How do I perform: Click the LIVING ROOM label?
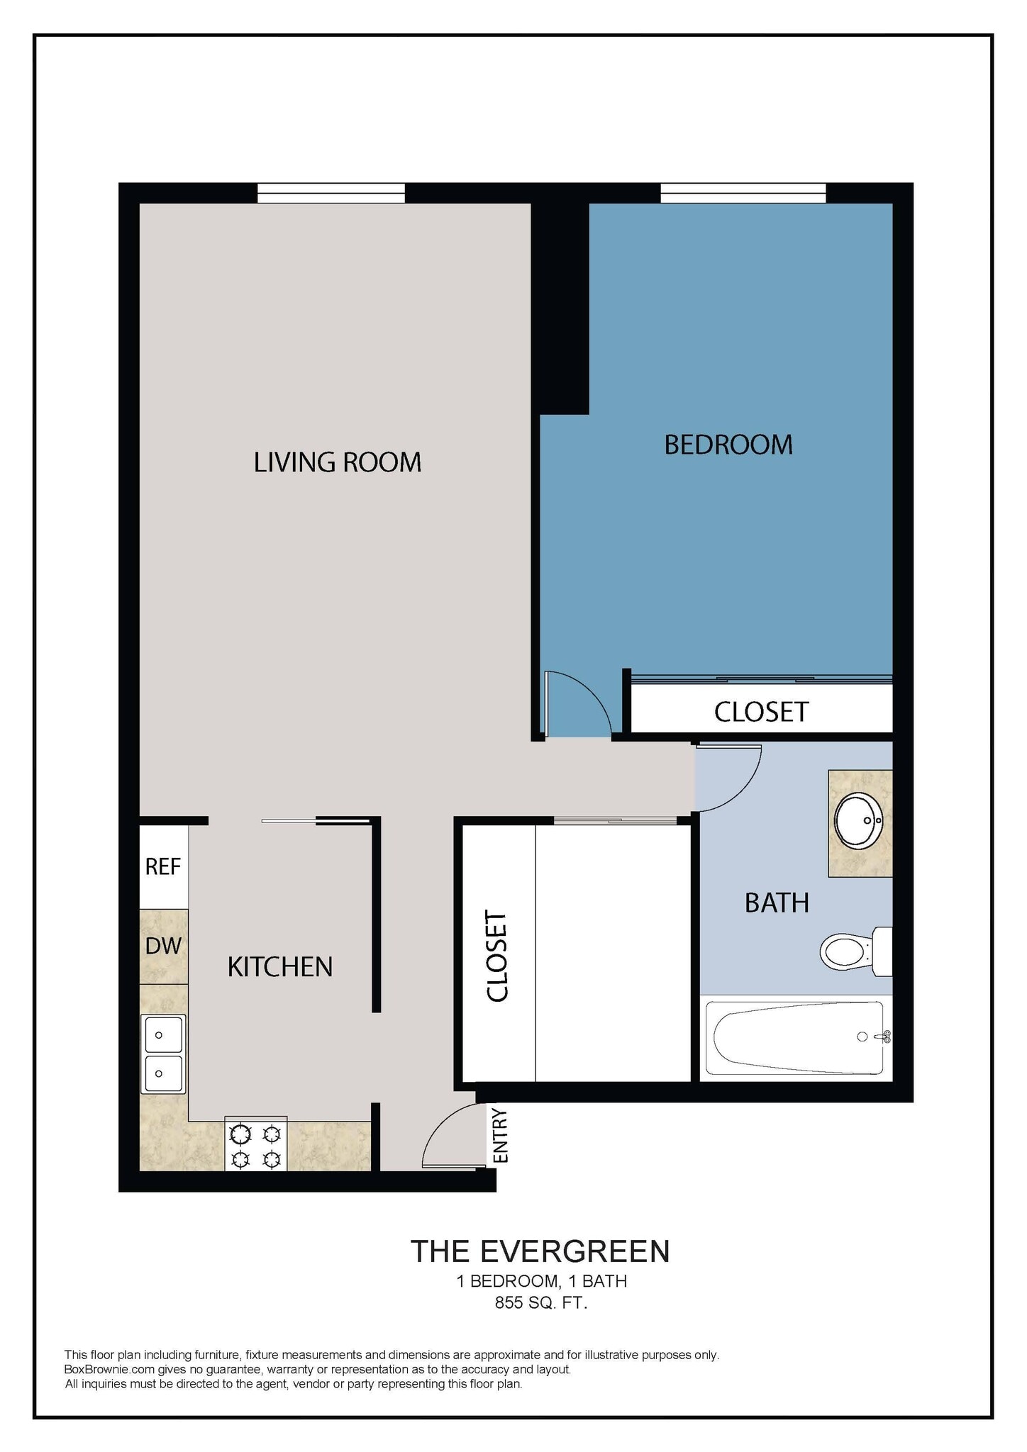point(338,462)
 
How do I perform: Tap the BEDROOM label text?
point(728,445)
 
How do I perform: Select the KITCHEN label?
point(279,967)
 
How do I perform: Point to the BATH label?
point(777,903)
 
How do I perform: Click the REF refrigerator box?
point(163,866)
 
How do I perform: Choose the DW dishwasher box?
point(164,945)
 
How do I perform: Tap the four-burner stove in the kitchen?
point(255,1147)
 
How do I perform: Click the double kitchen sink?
point(163,1054)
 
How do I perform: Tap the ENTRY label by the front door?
point(501,1136)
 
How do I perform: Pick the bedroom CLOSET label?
point(761,712)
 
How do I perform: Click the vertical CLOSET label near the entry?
point(498,956)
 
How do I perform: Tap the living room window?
point(331,193)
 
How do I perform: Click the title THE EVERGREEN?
point(540,1271)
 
